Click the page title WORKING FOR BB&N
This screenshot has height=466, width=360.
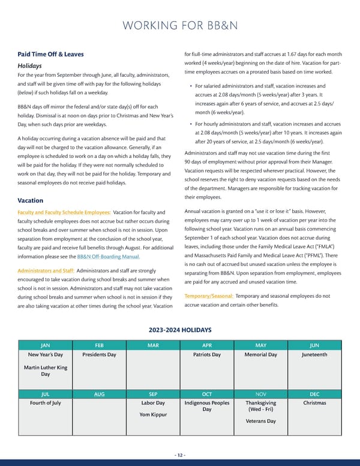(x=179, y=26)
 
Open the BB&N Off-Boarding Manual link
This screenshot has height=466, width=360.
(x=109, y=256)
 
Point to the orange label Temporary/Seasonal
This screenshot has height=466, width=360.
(x=208, y=296)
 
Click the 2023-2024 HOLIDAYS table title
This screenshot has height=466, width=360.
(x=179, y=329)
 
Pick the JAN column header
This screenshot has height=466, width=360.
(x=45, y=345)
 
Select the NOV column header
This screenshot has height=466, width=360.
(x=260, y=394)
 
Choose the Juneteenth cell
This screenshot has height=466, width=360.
(x=314, y=355)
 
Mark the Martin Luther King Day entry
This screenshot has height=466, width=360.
(x=45, y=371)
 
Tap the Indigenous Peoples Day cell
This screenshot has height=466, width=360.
(x=206, y=407)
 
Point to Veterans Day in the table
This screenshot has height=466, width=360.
(x=260, y=421)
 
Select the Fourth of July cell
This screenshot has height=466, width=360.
(x=45, y=403)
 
